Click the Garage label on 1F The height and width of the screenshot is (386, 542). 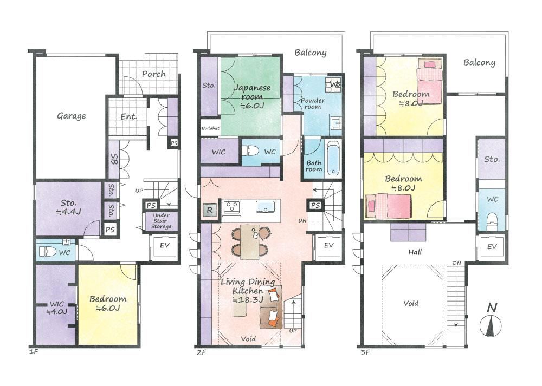[x=71, y=116]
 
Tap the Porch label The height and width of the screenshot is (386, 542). [x=153, y=74]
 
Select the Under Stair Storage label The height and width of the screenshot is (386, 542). [x=161, y=221]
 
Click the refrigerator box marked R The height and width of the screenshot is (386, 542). [x=209, y=210]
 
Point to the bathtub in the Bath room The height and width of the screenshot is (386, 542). [x=333, y=159]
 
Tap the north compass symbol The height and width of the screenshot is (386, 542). [x=491, y=320]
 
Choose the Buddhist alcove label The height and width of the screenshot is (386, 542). [x=210, y=128]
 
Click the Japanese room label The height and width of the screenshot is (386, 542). [x=252, y=96]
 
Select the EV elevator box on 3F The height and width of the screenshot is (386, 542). [x=492, y=247]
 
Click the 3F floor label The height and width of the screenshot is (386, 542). [x=365, y=352]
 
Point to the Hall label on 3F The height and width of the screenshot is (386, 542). [x=415, y=252]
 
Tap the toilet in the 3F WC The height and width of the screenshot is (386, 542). [x=492, y=221]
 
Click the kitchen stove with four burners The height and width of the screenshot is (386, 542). [x=231, y=207]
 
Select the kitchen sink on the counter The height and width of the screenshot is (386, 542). [x=265, y=207]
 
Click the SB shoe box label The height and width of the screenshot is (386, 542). [x=114, y=159]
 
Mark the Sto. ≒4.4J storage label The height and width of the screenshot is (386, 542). [x=68, y=207]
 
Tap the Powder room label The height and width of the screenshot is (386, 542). [x=313, y=103]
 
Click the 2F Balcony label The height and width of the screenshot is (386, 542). [x=311, y=53]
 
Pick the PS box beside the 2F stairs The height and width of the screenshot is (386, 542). [x=315, y=205]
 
